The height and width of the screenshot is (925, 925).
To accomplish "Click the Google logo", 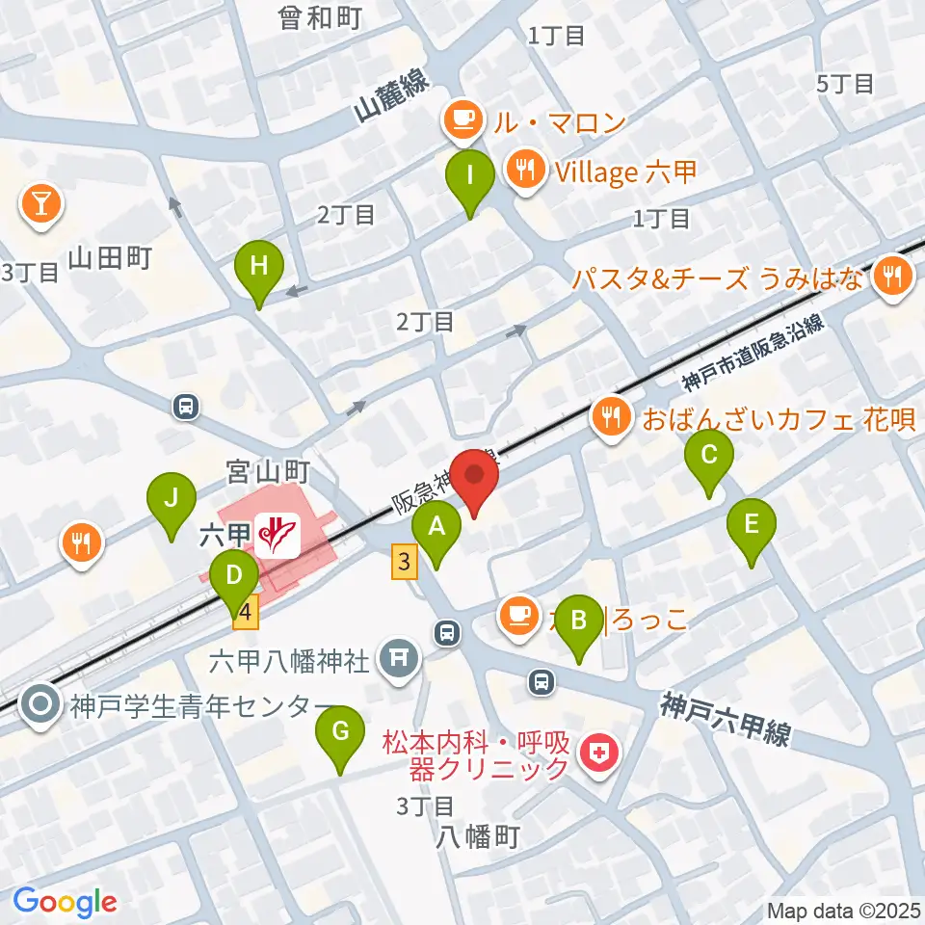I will point(65,902).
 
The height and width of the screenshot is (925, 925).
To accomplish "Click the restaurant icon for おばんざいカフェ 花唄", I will point(610,418).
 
